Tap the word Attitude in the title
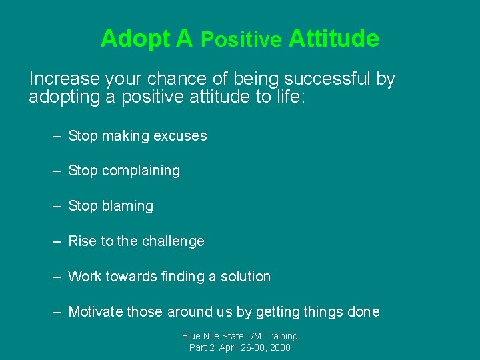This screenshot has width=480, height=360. click(x=334, y=39)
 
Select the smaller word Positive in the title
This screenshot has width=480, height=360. click(x=241, y=40)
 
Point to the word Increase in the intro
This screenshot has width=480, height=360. click(x=64, y=79)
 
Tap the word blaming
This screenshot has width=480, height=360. click(x=127, y=206)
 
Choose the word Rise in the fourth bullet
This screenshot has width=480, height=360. click(x=83, y=241)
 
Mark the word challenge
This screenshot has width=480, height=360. click(x=173, y=241)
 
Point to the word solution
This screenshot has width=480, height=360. click(x=245, y=276)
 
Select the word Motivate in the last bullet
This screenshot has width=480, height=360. click(x=95, y=311)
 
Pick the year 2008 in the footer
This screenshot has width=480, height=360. click(x=279, y=347)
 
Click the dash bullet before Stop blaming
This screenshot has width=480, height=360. click(x=57, y=206)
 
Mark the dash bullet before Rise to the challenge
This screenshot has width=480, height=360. click(x=57, y=241)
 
